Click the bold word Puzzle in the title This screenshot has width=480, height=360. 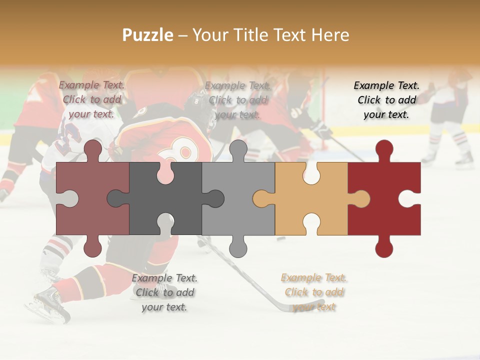click(148, 35)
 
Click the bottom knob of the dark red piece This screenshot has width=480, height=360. click(384, 248)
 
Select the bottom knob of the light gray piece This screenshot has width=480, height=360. click(238, 248)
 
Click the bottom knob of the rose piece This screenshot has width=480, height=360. click(92, 248)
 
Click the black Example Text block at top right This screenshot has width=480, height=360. click(386, 100)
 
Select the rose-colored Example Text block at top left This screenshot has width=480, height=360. click(91, 99)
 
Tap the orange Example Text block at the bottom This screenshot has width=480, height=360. click(313, 292)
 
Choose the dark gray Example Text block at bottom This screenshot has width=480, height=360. click(164, 292)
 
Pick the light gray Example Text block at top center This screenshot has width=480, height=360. click(237, 100)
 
